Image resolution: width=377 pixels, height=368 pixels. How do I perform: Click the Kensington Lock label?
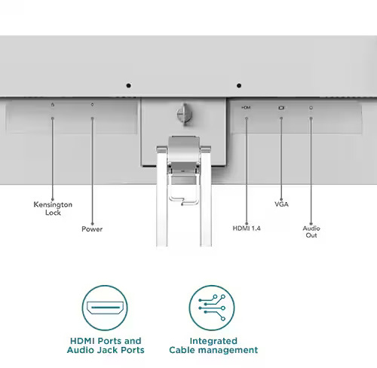click(53, 208)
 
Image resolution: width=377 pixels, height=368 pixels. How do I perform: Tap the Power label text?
click(92, 229)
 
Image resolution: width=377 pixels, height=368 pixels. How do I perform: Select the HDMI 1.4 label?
click(247, 228)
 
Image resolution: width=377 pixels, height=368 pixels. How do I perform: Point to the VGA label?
click(281, 204)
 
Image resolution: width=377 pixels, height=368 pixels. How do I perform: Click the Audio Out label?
click(311, 232)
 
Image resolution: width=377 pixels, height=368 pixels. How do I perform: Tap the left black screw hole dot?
click(128, 86)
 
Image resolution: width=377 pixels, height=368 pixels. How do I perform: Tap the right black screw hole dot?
click(239, 86)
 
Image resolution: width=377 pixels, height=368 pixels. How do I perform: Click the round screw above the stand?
click(184, 115)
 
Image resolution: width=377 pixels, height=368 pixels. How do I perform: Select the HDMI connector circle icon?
click(105, 308)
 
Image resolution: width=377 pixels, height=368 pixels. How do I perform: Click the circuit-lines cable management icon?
click(212, 308)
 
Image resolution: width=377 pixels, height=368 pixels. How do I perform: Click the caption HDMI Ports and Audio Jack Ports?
click(106, 345)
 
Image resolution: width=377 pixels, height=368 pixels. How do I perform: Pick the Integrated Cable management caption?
click(213, 345)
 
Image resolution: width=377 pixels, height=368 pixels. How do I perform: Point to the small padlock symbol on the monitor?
click(53, 104)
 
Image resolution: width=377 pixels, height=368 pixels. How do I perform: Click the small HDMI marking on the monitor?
click(246, 108)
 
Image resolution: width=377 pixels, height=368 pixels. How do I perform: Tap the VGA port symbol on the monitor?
click(281, 108)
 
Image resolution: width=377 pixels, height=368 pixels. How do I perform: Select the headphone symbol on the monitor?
click(311, 108)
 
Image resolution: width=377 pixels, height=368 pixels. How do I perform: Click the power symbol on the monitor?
click(92, 104)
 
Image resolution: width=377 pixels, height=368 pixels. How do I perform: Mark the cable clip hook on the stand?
click(183, 200)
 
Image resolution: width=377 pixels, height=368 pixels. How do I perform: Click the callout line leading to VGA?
click(281, 158)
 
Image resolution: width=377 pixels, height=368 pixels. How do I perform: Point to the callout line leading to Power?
click(92, 170)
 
